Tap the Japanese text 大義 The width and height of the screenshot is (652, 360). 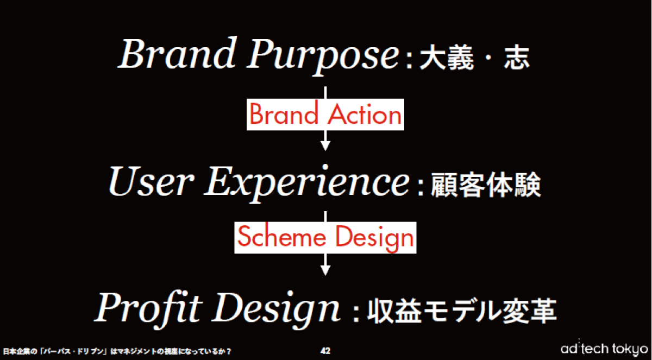point(447,58)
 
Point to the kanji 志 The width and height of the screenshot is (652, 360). point(517,58)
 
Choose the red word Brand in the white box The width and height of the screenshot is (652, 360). point(284,114)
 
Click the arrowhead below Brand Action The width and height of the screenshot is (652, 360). point(325,146)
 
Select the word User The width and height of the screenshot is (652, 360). point(151,182)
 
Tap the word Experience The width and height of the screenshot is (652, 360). point(307,183)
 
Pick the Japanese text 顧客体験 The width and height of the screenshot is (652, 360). point(486,185)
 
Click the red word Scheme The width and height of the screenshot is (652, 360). point(282,237)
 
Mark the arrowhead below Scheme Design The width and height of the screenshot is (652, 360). point(325,270)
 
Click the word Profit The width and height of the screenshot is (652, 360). point(148,309)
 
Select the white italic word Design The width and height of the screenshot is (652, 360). point(277,309)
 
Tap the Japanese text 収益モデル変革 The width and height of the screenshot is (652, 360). point(461,311)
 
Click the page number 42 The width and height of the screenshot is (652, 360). point(325,351)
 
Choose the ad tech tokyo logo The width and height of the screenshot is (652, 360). point(604,349)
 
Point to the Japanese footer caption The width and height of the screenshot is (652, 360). point(117,351)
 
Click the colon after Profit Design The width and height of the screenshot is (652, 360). point(356,313)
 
